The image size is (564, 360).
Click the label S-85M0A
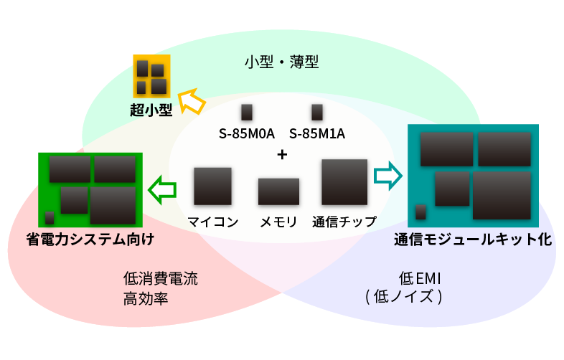[247, 133]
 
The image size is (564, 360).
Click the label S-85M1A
[317, 133]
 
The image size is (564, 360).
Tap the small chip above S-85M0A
[247, 112]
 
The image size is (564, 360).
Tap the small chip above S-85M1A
[317, 112]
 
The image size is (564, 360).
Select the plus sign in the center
[282, 154]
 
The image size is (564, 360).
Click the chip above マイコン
[212, 186]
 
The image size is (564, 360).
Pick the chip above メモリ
[278, 191]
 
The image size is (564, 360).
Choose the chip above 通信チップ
[344, 183]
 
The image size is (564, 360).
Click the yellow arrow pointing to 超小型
[191, 101]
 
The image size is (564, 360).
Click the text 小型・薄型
[281, 62]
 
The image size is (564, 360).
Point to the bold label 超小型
[151, 110]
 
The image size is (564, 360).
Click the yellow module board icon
[151, 77]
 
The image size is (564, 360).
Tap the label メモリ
[278, 222]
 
